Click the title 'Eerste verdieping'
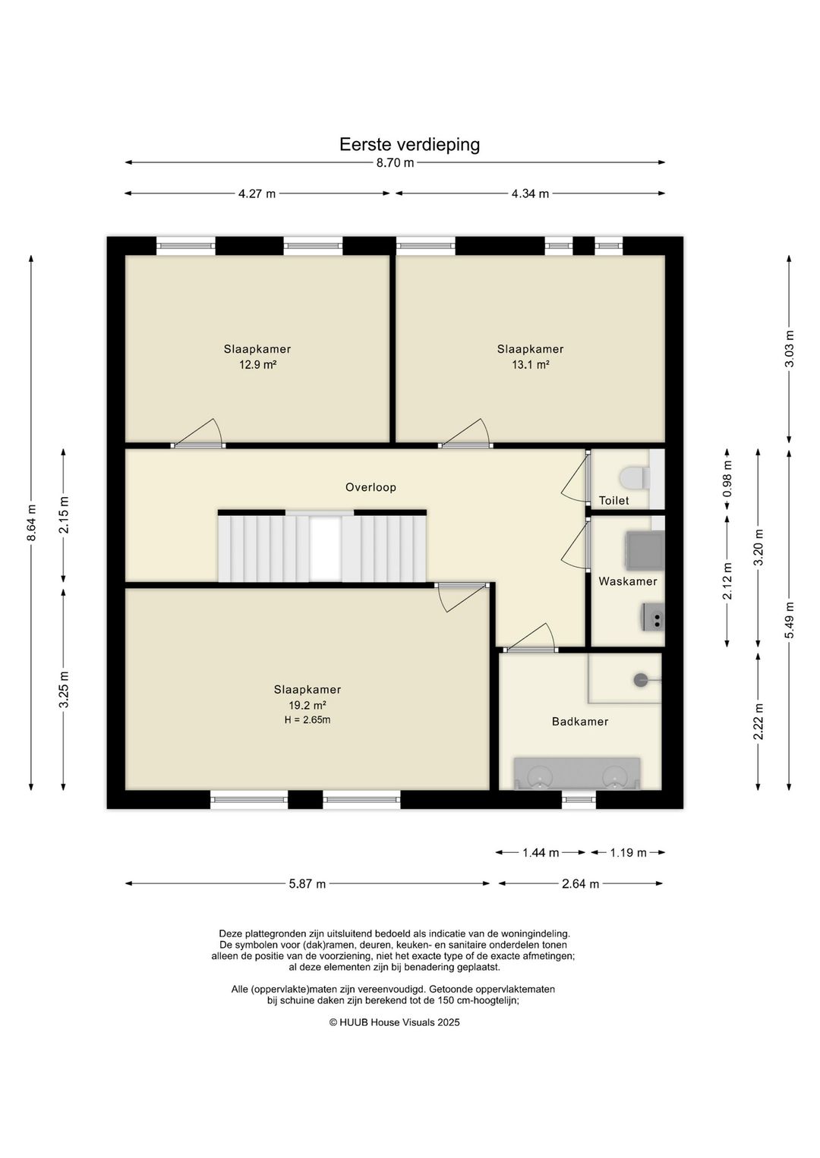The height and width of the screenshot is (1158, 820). pyautogui.click(x=409, y=144)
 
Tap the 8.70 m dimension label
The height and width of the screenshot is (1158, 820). pyautogui.click(x=396, y=163)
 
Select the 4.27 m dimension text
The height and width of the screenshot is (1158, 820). pyautogui.click(x=257, y=194)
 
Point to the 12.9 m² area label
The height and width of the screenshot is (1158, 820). pyautogui.click(x=257, y=364)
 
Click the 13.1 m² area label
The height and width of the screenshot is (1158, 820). pyautogui.click(x=530, y=364)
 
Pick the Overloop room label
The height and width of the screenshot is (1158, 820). pyautogui.click(x=371, y=487)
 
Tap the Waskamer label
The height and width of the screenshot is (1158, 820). pyautogui.click(x=628, y=581)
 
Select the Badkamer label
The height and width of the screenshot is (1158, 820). pyautogui.click(x=580, y=721)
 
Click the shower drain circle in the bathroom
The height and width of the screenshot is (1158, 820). pyautogui.click(x=641, y=680)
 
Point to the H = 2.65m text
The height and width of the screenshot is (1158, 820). pyautogui.click(x=307, y=719)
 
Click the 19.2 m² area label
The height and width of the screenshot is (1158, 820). pyautogui.click(x=307, y=705)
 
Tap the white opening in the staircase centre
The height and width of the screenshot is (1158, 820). pyautogui.click(x=326, y=549)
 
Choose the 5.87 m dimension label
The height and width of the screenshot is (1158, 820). pyautogui.click(x=307, y=883)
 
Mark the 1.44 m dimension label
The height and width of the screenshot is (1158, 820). pyautogui.click(x=541, y=852)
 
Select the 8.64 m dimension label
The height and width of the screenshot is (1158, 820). pyautogui.click(x=32, y=522)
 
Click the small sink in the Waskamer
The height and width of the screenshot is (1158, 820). pyautogui.click(x=654, y=617)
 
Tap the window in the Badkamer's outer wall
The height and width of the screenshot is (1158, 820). pyautogui.click(x=579, y=800)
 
